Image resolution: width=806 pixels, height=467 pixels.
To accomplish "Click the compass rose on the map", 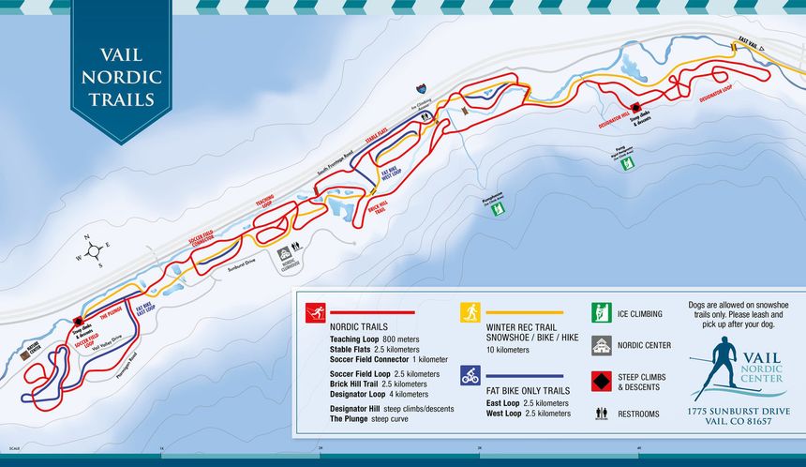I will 93,250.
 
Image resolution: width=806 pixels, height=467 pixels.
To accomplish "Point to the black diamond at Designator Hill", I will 634,108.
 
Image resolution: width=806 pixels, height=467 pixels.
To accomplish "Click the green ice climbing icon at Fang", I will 627,163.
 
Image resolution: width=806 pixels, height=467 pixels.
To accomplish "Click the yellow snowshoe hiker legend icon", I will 470,312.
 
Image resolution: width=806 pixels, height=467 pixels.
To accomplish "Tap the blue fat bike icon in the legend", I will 470,375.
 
